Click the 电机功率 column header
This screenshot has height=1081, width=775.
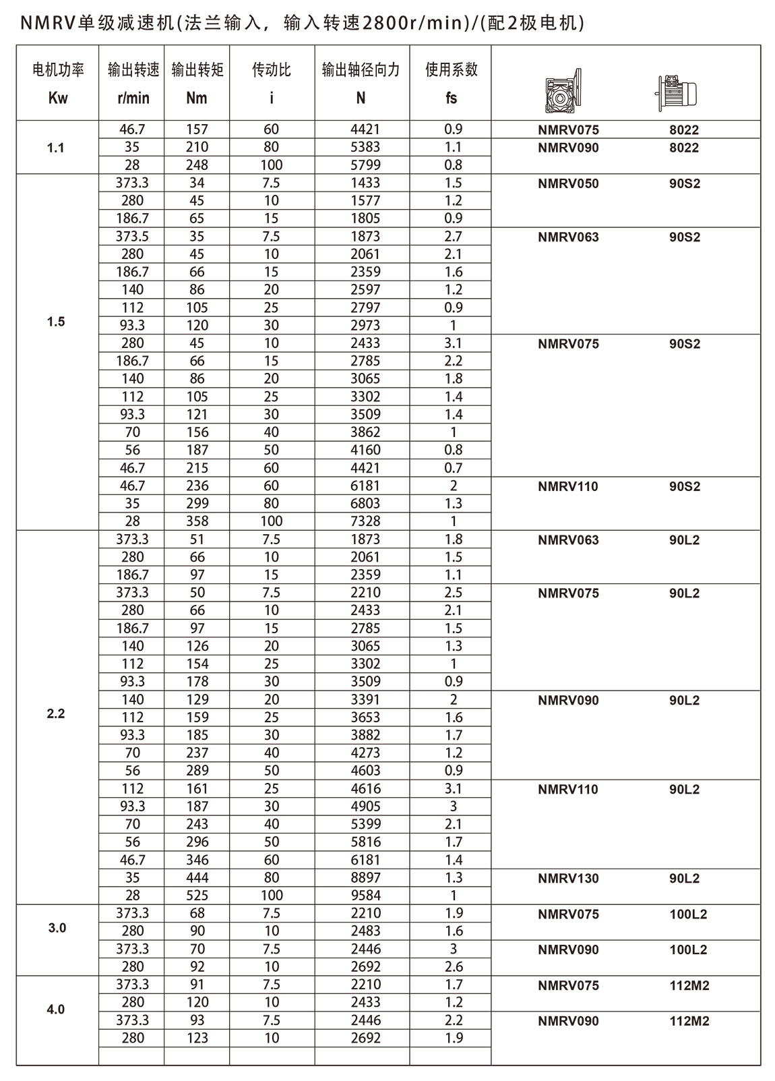(58, 70)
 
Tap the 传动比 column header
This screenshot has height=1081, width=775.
(271, 70)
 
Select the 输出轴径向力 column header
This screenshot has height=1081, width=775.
(361, 70)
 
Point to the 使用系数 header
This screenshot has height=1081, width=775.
(451, 70)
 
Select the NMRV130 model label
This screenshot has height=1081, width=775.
(567, 879)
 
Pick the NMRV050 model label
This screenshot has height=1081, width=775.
(567, 183)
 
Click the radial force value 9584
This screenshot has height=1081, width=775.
(365, 896)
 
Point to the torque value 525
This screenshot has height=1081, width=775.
(197, 896)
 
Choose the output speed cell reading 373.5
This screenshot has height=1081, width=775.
(132, 237)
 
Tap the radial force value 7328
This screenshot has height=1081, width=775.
(365, 521)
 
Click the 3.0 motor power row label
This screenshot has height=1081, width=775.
(57, 928)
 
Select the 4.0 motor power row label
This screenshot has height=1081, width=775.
(57, 1010)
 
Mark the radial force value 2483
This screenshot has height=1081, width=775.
(365, 931)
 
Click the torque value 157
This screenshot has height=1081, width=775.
(197, 129)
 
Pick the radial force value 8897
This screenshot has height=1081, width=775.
(365, 878)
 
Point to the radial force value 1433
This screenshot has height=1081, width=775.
(365, 183)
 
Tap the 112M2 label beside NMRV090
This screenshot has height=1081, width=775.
(689, 1022)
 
